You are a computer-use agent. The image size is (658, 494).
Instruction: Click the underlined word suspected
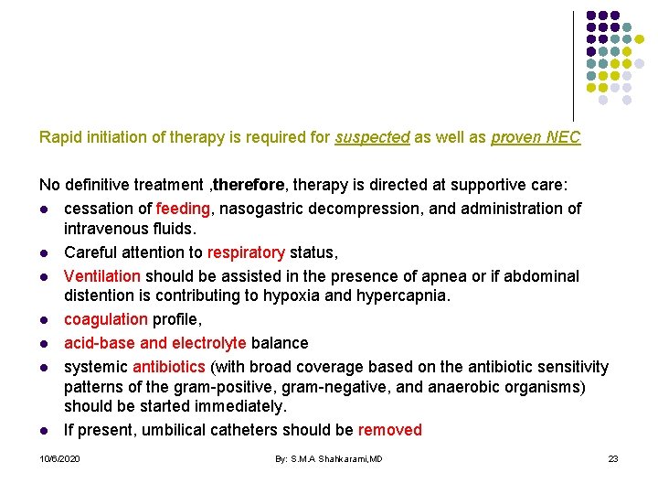point(372,138)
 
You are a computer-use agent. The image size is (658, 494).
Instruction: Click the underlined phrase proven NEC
point(536,138)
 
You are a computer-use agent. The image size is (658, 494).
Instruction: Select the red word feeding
point(183,209)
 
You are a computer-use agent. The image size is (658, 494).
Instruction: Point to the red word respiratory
point(246,252)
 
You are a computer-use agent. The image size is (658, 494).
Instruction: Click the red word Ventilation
point(102,275)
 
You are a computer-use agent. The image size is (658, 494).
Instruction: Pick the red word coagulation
point(105,319)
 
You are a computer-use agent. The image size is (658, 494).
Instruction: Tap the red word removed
point(390,430)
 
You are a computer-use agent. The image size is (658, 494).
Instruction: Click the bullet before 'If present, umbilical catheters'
point(44,431)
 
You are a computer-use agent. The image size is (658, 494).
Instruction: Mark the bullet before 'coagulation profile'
point(44,320)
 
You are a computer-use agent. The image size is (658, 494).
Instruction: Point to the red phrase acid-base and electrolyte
point(154,343)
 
